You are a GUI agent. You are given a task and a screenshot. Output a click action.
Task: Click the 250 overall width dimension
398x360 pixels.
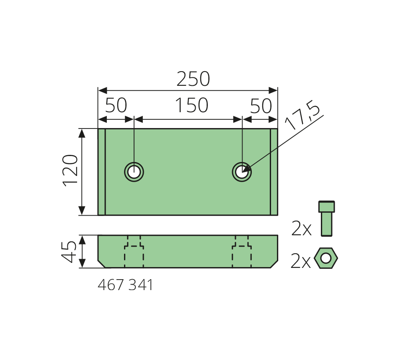coord(193,79)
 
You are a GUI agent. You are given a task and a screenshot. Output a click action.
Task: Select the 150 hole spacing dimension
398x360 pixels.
coord(191,105)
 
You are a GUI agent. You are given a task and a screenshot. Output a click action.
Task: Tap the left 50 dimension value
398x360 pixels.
coord(116,105)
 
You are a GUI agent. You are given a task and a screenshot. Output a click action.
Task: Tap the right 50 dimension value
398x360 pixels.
coord(261,106)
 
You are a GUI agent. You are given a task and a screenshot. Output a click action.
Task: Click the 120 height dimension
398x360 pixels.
coord(70,170)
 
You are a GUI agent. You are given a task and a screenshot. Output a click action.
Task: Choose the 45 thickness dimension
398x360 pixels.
coord(69,252)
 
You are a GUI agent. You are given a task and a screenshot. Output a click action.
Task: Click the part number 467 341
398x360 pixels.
coord(125,285)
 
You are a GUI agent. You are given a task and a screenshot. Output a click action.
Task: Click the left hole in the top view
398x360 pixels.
coord(134,172)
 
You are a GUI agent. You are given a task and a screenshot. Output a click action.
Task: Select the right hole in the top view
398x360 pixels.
coord(242,172)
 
